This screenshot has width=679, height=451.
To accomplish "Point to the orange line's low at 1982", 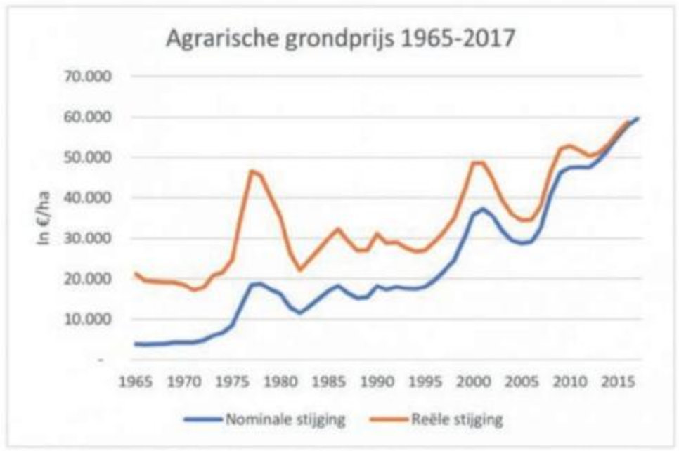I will [300, 270].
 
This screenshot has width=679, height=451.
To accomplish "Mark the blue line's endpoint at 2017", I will [638, 118].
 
